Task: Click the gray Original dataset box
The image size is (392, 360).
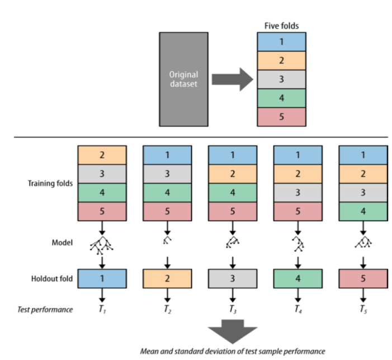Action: (184, 78)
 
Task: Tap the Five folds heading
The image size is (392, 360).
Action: (281, 26)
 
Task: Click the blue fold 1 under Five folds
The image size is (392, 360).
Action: (281, 42)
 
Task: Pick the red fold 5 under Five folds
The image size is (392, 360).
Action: (281, 117)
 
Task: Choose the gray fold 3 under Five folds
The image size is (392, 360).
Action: (281, 80)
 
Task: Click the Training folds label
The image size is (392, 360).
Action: (51, 183)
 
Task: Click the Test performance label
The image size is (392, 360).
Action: (48, 310)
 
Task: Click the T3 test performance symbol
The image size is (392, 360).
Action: (232, 310)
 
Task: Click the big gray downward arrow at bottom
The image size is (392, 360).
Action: (232, 333)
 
